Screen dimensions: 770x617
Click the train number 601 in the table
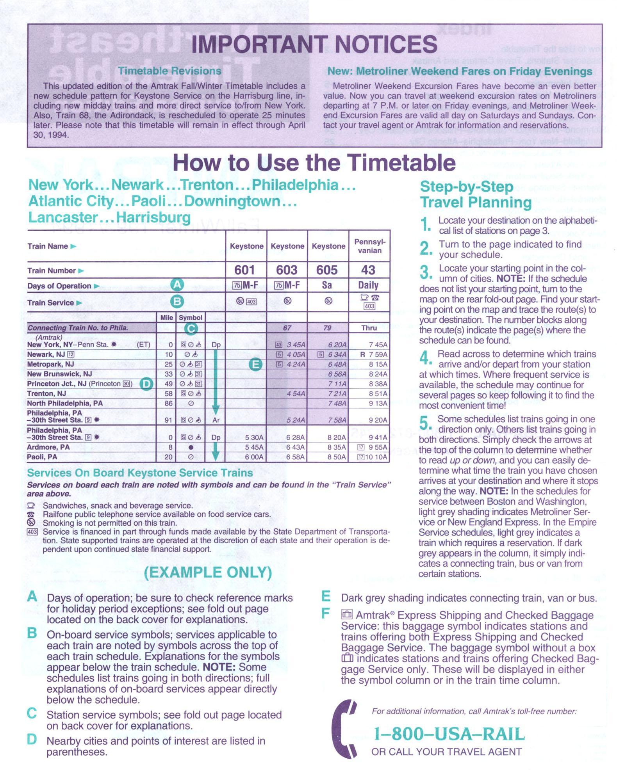245,270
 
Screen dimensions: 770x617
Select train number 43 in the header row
368,270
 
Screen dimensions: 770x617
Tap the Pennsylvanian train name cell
369,246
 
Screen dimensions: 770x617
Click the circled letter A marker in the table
177,285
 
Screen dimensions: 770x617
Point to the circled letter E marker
255,365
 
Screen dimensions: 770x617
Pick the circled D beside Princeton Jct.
146,384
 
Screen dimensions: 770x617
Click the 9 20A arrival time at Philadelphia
378,420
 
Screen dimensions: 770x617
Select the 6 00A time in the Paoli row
254,457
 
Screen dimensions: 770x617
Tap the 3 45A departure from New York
296,345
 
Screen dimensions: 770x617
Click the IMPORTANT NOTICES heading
314,44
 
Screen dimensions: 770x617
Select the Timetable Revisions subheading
169,71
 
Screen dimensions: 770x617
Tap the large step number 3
425,272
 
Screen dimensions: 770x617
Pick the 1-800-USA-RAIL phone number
449,734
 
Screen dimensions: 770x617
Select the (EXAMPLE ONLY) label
208,573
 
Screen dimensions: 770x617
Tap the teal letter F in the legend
325,614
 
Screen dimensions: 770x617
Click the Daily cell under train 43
368,285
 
